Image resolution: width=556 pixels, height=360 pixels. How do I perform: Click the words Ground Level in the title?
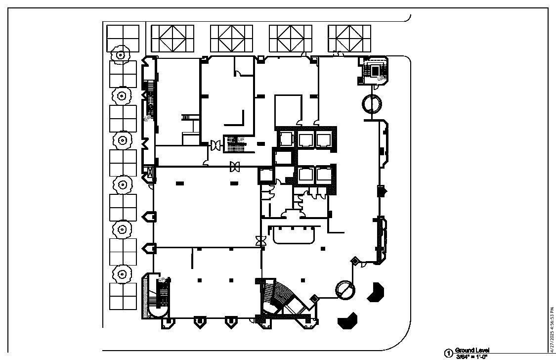[472, 350]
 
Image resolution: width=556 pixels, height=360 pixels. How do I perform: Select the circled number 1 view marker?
[449, 354]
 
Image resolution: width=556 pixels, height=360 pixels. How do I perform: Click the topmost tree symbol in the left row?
[120, 54]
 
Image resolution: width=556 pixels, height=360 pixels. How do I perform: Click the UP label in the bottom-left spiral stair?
[162, 280]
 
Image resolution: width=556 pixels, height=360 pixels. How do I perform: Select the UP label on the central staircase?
[241, 139]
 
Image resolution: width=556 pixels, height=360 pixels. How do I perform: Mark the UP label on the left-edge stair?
[147, 118]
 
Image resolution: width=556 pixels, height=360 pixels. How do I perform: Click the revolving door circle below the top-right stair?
[372, 104]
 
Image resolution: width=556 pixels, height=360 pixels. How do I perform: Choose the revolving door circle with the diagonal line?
[345, 289]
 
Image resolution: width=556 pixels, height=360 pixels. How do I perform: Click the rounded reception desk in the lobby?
[294, 235]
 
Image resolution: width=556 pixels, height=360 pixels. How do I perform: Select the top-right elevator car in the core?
[323, 140]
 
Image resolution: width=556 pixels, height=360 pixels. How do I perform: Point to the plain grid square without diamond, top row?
[123, 38]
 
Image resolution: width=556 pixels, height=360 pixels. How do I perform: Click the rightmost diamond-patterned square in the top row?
[349, 38]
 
